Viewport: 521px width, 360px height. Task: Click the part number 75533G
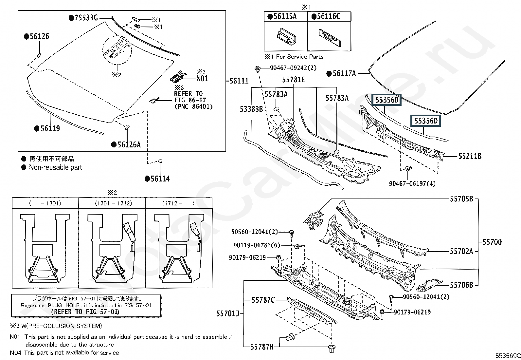tap(86, 18)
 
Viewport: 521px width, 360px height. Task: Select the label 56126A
tap(129, 144)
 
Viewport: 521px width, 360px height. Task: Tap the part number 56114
tap(160, 179)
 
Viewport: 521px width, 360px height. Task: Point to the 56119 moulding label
tap(50, 128)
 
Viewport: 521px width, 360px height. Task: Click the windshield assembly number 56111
tap(239, 81)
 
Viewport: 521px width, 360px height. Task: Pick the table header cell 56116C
tap(329, 17)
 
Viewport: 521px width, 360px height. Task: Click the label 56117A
tap(344, 74)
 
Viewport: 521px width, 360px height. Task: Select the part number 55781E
tap(294, 80)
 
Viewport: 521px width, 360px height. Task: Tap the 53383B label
tap(251, 109)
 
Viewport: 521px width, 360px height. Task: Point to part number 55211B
tap(470, 156)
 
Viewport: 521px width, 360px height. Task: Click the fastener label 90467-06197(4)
tap(412, 184)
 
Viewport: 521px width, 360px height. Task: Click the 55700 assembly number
tap(492, 242)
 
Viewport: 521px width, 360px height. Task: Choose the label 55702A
tap(461, 252)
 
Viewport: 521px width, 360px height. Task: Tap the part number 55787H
tap(262, 347)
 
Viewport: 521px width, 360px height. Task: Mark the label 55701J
tap(228, 314)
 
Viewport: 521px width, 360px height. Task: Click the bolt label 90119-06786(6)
tap(257, 245)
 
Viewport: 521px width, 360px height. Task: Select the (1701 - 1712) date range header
tap(113, 203)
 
